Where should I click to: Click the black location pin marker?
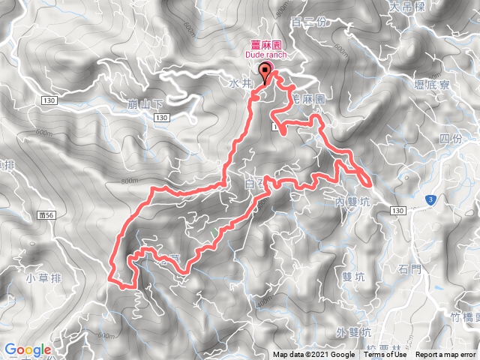[x=265, y=72]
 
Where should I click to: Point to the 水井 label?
[x=238, y=86]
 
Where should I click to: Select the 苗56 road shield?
[x=46, y=214]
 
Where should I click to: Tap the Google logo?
[x=28, y=349]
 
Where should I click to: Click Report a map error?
[x=447, y=355]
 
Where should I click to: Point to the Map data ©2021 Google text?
[x=313, y=355]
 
